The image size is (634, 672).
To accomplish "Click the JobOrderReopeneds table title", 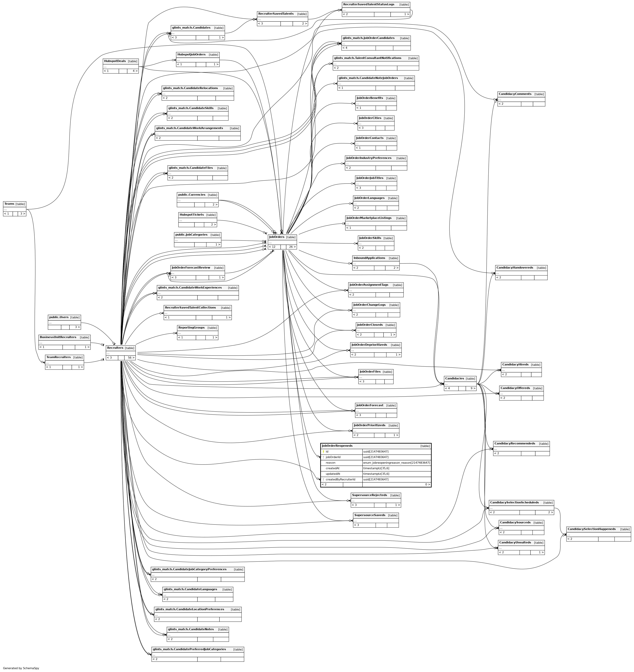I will (x=337, y=446).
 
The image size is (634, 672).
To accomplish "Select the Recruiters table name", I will (x=115, y=348).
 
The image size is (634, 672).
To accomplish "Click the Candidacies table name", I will (x=454, y=379).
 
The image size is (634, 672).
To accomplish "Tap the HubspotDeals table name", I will (x=115, y=61).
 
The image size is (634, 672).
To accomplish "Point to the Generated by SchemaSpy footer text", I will (x=21, y=668).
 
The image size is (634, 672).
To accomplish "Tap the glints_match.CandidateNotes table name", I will (x=191, y=629).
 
